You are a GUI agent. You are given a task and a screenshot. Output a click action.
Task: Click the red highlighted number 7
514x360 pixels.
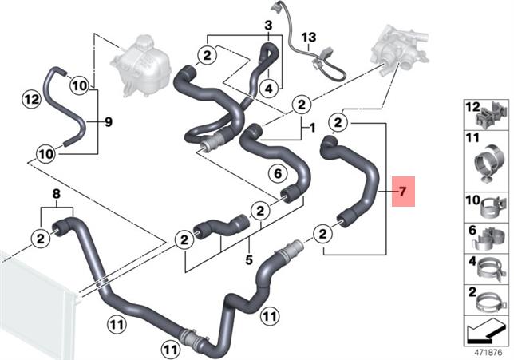tap(403, 192)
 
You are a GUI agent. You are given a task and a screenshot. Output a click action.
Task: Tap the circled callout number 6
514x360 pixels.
tap(278, 173)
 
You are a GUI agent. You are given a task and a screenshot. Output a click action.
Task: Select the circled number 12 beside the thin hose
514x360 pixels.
tap(32, 99)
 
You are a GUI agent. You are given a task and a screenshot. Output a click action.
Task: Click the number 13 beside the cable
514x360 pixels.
tap(309, 37)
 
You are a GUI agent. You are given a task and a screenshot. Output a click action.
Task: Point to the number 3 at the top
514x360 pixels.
tap(268, 26)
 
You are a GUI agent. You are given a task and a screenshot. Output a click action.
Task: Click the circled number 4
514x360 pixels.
tap(269, 88)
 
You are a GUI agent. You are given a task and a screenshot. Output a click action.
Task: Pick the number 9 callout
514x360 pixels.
tap(109, 122)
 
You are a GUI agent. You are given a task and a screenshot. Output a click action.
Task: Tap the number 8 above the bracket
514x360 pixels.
tap(57, 194)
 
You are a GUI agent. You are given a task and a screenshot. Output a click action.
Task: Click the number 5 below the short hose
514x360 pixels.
tap(249, 260)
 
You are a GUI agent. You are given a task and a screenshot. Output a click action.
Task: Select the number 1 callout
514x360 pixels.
tap(312, 128)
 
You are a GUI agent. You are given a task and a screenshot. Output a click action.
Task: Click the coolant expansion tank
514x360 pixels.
tap(141, 65)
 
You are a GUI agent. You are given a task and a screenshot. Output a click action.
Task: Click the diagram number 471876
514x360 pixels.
tap(488, 353)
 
